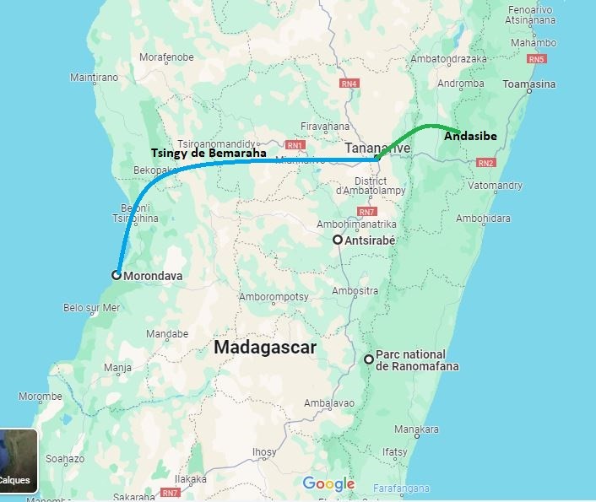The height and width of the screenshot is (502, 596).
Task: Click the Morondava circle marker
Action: pos(116,274)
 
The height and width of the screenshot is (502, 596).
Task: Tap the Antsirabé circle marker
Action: pos(338,240)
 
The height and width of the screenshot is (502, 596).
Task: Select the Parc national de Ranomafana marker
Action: pos(369,359)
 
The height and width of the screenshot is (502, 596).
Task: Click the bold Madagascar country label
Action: pos(264,347)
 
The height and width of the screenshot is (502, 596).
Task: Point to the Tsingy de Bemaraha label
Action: pos(209,154)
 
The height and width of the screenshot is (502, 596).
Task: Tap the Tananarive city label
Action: pos(377,148)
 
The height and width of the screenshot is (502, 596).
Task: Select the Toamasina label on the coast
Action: pos(528,84)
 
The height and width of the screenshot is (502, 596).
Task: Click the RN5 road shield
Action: pos(536,59)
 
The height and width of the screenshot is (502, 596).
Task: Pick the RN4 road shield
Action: pos(349,84)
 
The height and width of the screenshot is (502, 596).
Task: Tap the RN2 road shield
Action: pos(485,163)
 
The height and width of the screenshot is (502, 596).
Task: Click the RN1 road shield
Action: pos(295,144)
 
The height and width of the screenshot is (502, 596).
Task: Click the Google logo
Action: pos(328,483)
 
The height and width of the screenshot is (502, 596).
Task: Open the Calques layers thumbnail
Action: pos(18,461)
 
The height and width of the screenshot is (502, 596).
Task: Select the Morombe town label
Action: pos(41,396)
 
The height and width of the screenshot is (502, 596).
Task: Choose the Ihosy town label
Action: pos(264,452)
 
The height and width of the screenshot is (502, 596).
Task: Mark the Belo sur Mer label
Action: pos(93,308)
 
